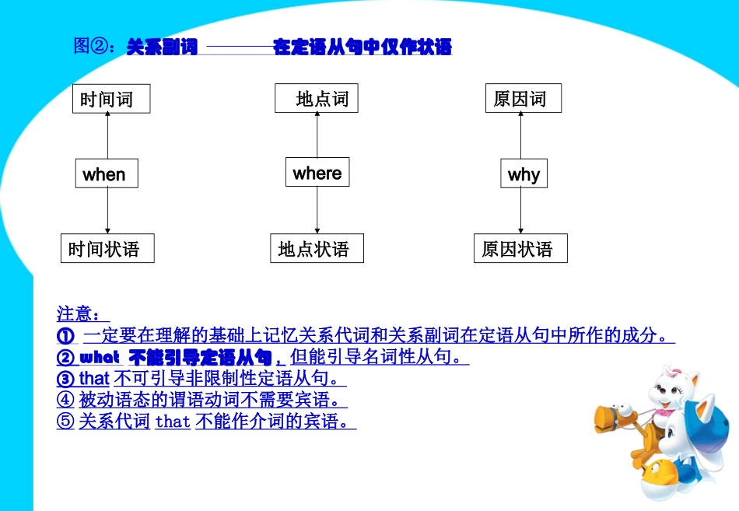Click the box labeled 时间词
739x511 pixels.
111,99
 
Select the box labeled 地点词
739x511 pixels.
317,99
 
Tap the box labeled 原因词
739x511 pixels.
523,99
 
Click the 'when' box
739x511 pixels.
107,173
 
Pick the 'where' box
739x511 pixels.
317,173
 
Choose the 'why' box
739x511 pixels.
524,173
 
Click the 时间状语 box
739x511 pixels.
107,249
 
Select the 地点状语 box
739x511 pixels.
317,249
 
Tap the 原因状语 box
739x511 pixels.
520,249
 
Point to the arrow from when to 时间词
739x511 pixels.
107,137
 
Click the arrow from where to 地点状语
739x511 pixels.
317,211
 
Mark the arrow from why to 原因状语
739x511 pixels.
521,212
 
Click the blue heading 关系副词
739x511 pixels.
162,47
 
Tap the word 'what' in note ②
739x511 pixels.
100,358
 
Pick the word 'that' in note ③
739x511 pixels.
94,380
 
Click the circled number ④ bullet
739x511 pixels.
65,401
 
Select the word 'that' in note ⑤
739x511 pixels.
173,422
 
